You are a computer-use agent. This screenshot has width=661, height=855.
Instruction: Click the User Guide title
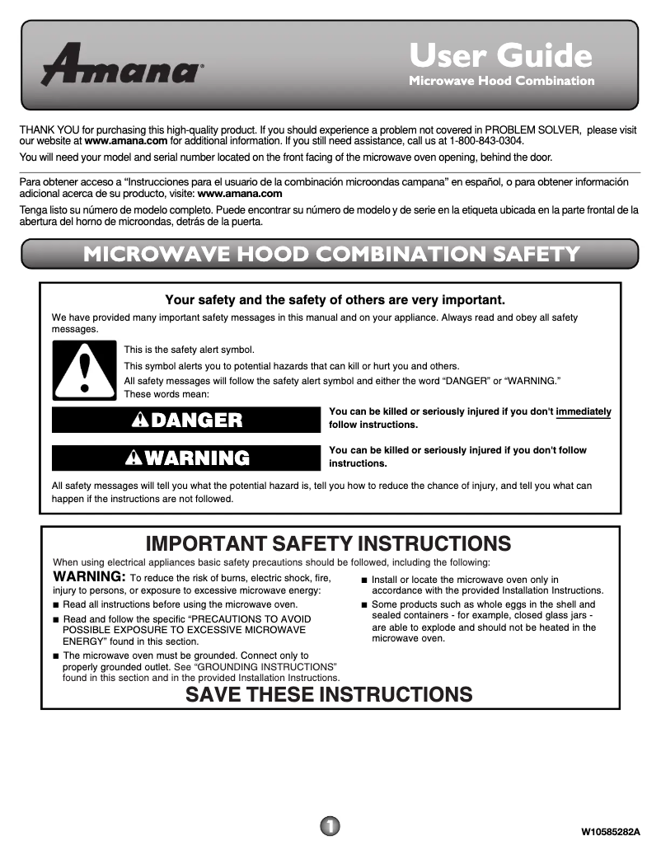click(500, 55)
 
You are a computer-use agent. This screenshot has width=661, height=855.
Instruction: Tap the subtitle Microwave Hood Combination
click(501, 81)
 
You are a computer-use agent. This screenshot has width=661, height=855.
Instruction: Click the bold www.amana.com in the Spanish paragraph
click(241, 194)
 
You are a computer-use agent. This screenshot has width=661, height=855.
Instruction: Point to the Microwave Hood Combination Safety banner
click(330, 254)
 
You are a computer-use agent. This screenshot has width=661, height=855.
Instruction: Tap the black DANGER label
click(185, 420)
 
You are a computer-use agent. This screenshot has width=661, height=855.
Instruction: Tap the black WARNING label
click(185, 458)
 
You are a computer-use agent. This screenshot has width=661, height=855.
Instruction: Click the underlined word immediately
click(584, 411)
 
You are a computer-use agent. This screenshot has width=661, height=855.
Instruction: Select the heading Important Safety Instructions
click(328, 543)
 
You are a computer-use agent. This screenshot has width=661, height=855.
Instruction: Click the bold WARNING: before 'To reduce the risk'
click(89, 575)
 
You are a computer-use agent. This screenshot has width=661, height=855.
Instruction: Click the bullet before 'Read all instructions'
click(56, 605)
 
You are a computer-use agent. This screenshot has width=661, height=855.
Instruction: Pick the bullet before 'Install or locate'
click(364, 580)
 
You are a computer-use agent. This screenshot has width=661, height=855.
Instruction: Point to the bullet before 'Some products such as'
click(364, 605)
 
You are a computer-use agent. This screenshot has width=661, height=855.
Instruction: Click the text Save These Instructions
click(329, 694)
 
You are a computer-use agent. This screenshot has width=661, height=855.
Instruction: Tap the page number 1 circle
click(329, 825)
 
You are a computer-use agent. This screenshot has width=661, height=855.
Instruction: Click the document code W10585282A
click(611, 830)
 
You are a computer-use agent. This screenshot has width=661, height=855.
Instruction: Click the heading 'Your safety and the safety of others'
click(335, 299)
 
